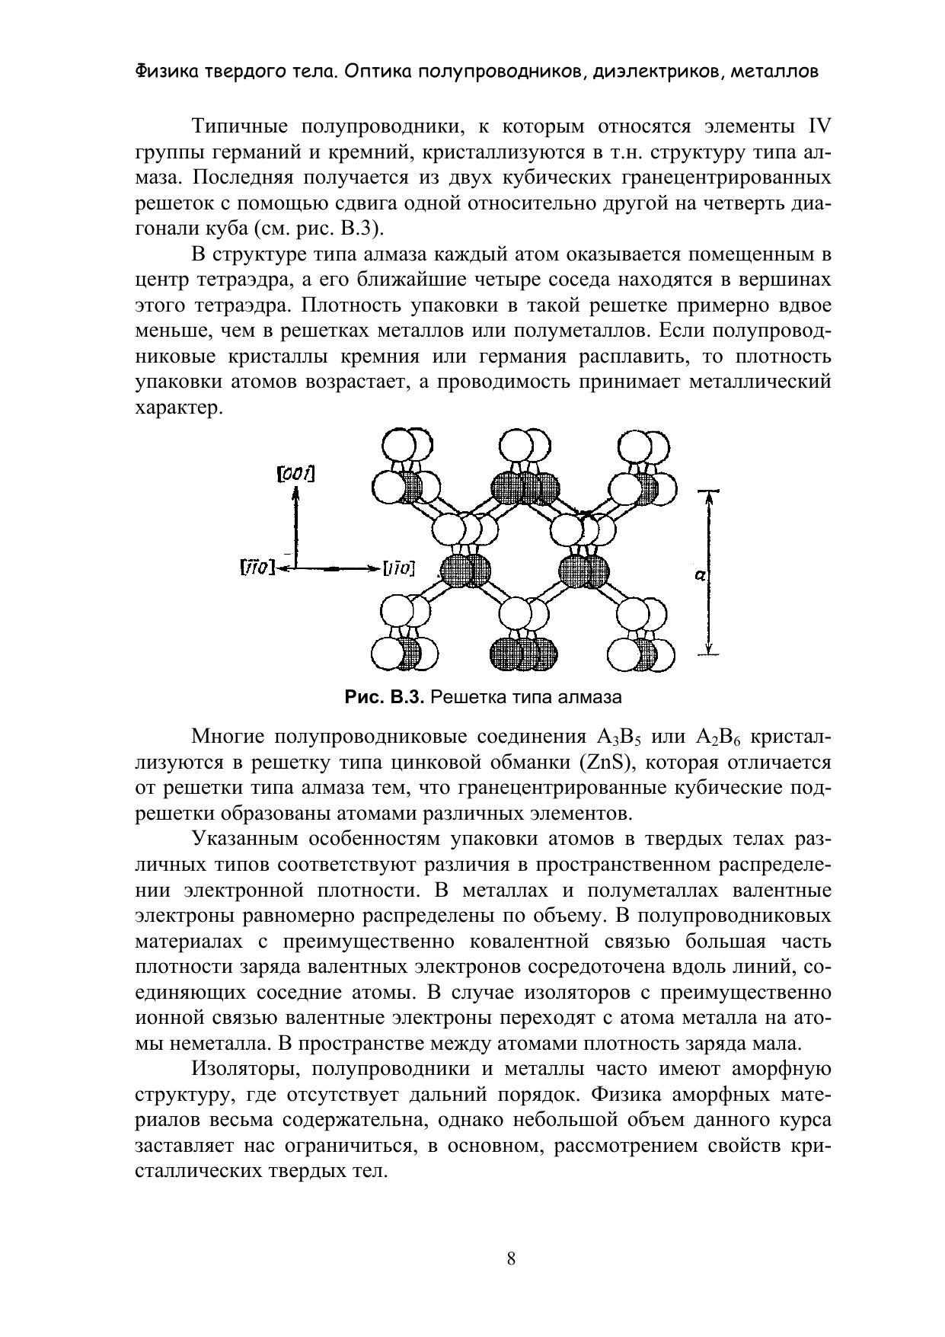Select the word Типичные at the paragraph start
(233, 126)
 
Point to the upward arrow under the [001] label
(295, 526)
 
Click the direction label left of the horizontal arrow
(257, 568)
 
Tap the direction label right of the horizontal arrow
(398, 568)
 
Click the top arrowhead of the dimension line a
(709, 497)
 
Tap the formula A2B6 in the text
(714, 737)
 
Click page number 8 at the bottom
(511, 1259)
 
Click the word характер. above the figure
(178, 408)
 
